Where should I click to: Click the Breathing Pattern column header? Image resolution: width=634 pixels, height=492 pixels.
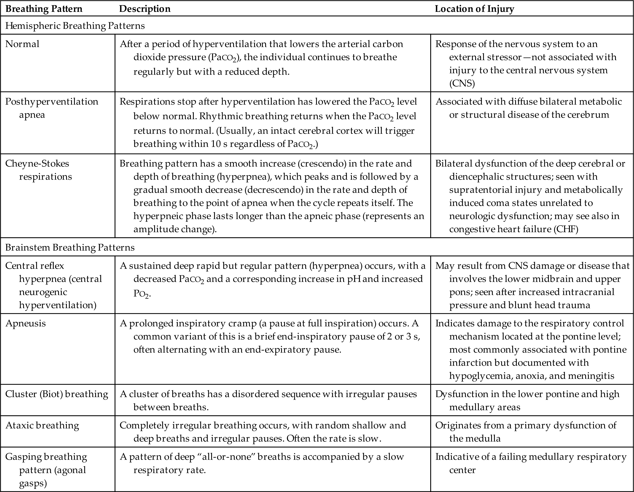click(44, 9)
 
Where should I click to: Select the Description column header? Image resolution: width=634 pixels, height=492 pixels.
click(145, 9)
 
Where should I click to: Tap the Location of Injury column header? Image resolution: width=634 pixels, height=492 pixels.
click(474, 9)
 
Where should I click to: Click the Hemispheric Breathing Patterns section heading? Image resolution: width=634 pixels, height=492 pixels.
click(75, 26)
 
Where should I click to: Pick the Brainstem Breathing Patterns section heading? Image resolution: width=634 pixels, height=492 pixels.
click(70, 247)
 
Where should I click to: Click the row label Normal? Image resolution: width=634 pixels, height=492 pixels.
click(22, 44)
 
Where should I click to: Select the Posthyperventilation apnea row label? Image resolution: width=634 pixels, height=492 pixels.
click(52, 108)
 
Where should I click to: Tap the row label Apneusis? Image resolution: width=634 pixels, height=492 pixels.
click(25, 323)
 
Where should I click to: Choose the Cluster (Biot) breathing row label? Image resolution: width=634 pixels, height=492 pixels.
click(57, 394)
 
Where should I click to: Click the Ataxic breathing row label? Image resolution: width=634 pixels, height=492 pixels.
click(42, 425)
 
